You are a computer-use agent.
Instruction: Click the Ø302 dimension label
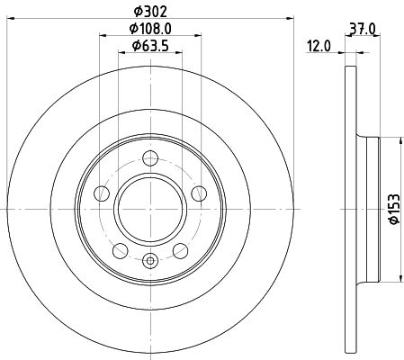pyautogui.click(x=150, y=12)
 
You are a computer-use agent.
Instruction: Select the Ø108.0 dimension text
pyautogui.click(x=150, y=29)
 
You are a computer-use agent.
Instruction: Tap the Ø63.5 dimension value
pyautogui.click(x=150, y=46)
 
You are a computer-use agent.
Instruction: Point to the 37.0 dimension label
pyautogui.click(x=363, y=30)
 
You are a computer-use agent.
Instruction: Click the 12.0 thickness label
pyautogui.click(x=319, y=47)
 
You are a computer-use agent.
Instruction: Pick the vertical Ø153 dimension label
pyautogui.click(x=394, y=209)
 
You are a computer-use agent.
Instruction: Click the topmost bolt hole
pyautogui.click(x=150, y=158)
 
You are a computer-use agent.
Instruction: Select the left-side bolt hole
pyautogui.click(x=102, y=193)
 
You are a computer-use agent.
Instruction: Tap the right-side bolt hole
pyautogui.click(x=199, y=193)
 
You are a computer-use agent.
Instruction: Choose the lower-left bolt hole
pyautogui.click(x=121, y=251)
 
